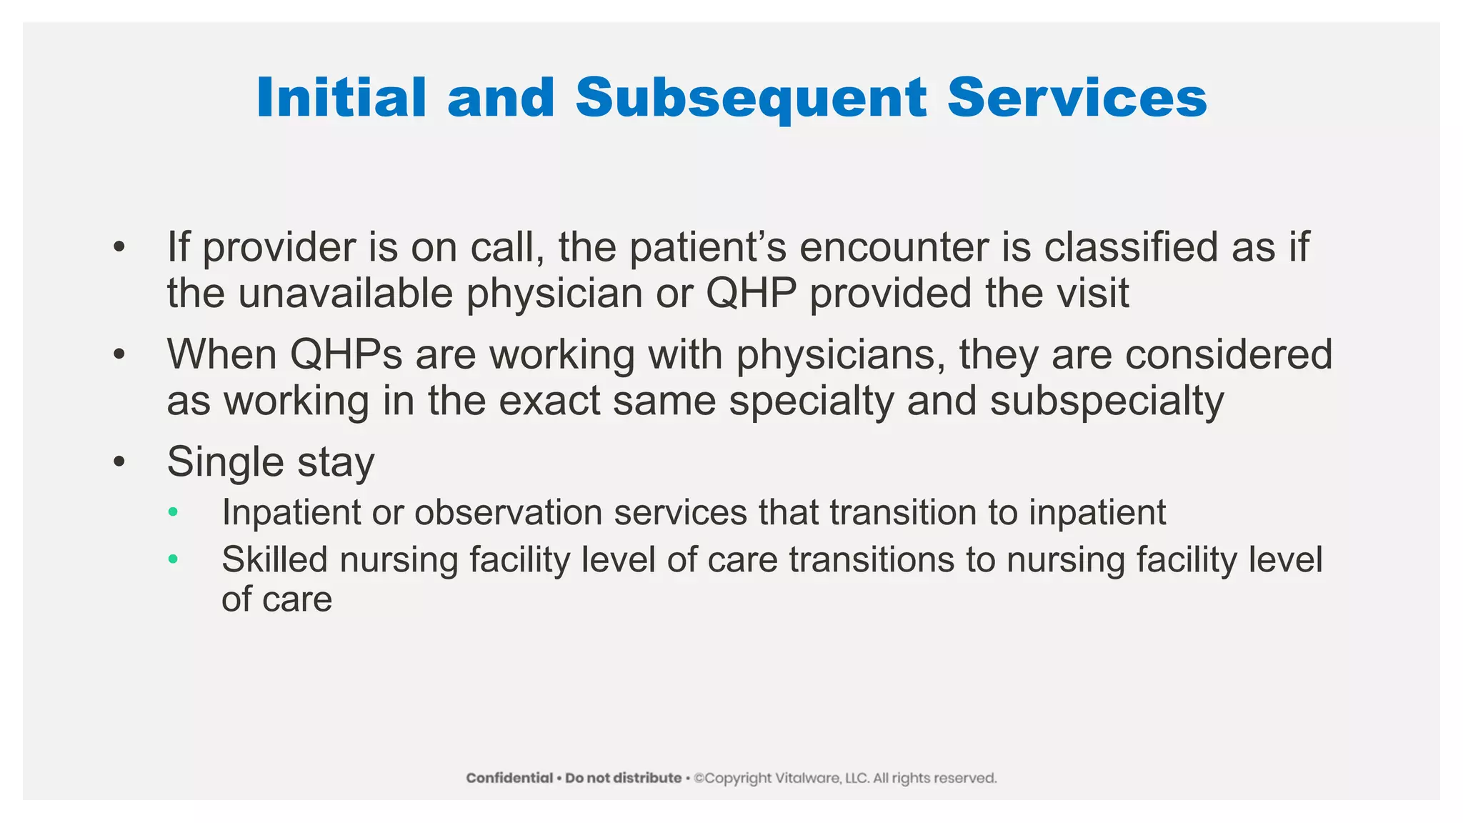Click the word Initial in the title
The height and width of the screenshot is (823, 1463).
coord(341,98)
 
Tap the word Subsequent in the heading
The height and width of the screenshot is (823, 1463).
coord(752,98)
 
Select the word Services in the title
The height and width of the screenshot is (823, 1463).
coord(1077,98)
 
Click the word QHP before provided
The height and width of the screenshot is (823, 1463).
coord(751,294)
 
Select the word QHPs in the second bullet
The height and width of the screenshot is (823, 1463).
coord(346,354)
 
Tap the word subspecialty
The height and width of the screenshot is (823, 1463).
coord(1107,401)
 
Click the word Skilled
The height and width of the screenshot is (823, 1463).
coord(274,559)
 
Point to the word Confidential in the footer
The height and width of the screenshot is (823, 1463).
coord(509,778)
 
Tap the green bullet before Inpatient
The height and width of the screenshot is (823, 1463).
coord(172,512)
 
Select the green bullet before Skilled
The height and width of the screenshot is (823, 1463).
coord(172,559)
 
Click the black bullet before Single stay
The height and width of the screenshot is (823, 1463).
coord(119,462)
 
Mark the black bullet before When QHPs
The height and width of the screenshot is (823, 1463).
coord(119,354)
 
